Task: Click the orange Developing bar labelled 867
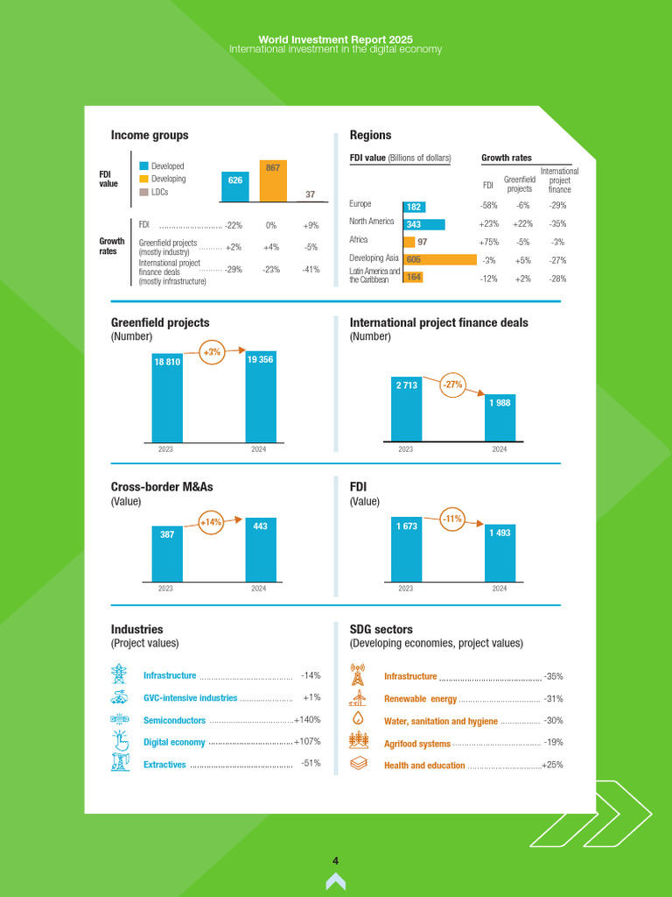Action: (273, 180)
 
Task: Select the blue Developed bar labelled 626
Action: (234, 187)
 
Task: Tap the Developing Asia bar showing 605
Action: (440, 259)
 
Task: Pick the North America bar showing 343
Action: (424, 225)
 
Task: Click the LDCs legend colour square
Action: (144, 192)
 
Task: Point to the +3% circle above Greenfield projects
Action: (212, 352)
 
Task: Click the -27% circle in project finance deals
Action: (453, 385)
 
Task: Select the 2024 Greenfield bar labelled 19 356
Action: (261, 397)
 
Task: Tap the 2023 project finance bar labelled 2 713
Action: (406, 409)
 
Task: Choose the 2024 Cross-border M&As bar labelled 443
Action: (261, 550)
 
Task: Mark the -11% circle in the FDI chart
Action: (452, 519)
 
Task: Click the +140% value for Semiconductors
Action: (307, 720)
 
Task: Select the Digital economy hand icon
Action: (120, 740)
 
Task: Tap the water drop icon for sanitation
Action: (358, 717)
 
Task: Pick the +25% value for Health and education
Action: (552, 765)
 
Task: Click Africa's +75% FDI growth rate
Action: (488, 242)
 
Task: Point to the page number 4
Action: (335, 861)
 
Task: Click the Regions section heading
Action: (370, 136)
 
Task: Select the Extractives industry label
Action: (164, 765)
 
